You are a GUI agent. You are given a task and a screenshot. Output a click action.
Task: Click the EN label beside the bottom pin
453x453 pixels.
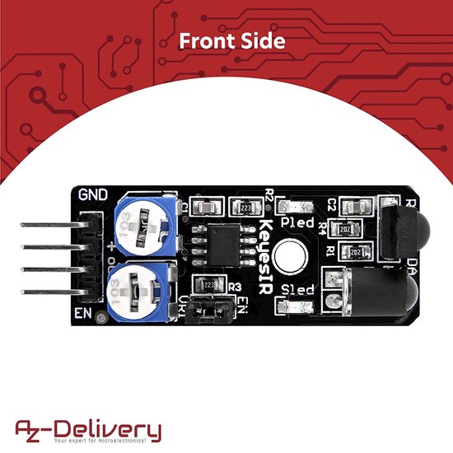coord(82,314)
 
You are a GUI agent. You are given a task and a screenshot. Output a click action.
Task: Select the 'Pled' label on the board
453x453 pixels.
coord(297,223)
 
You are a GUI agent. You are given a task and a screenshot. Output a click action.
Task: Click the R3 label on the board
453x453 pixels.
coord(235,287)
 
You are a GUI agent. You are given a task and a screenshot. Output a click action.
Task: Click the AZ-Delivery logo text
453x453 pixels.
coord(89,428)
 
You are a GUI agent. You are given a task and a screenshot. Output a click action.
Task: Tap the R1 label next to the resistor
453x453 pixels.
coord(330,250)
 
